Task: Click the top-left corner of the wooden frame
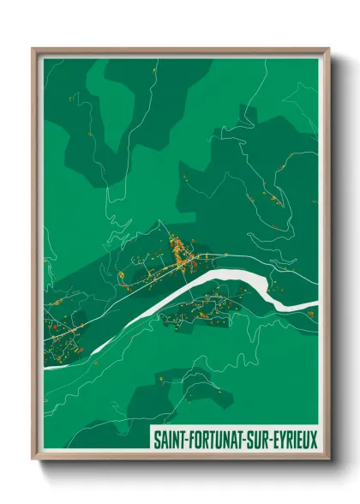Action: [x=33, y=49]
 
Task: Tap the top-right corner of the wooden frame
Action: [x=328, y=49]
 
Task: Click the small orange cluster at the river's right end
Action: [x=309, y=314]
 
